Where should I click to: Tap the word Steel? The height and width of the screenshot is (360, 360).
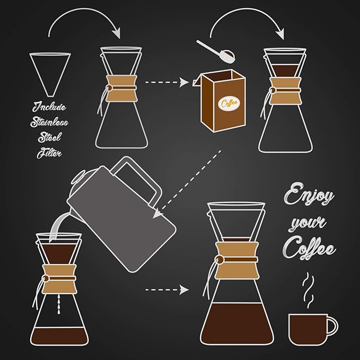[49, 138]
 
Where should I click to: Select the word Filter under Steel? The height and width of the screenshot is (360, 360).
[48, 154]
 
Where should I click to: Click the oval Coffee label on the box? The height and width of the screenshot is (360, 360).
[230, 102]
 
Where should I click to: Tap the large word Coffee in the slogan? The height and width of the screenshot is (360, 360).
[309, 246]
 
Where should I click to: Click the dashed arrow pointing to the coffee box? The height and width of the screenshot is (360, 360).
[167, 83]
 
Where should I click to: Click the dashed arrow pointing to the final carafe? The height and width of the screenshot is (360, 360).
[167, 290]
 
